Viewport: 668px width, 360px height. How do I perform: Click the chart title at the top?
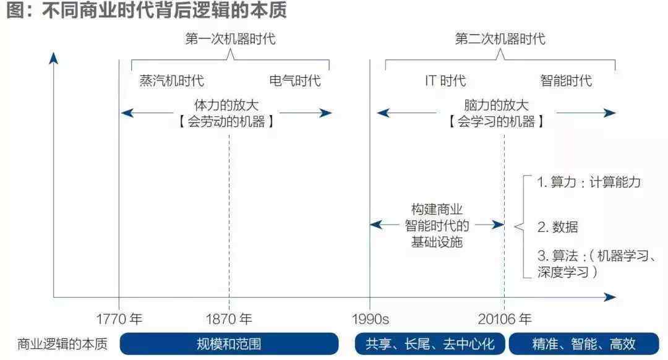coord(147,11)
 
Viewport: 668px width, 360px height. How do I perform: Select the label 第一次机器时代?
coord(230,39)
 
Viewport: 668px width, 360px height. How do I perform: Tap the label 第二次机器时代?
coord(500,39)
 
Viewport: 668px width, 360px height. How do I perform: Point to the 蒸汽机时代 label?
coord(171,80)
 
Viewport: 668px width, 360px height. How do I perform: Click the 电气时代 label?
coord(295,80)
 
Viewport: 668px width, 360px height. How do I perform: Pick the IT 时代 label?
coord(445,80)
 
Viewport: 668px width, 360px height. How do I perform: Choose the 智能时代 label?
coord(566,80)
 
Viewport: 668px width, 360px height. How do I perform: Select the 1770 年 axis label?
coord(119,319)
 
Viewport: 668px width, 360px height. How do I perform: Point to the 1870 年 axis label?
coord(229,319)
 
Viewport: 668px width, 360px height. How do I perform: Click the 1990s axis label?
coord(370,319)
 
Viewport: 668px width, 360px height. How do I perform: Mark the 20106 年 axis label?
coord(505,319)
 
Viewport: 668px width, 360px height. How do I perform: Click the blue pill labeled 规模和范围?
coord(229,344)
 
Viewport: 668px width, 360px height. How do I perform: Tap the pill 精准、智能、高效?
coord(584,344)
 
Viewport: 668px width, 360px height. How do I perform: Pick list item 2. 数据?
coord(557,226)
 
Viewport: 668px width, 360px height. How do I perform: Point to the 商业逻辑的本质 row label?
coord(63,344)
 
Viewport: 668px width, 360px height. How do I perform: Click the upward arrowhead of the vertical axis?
coord(54,59)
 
